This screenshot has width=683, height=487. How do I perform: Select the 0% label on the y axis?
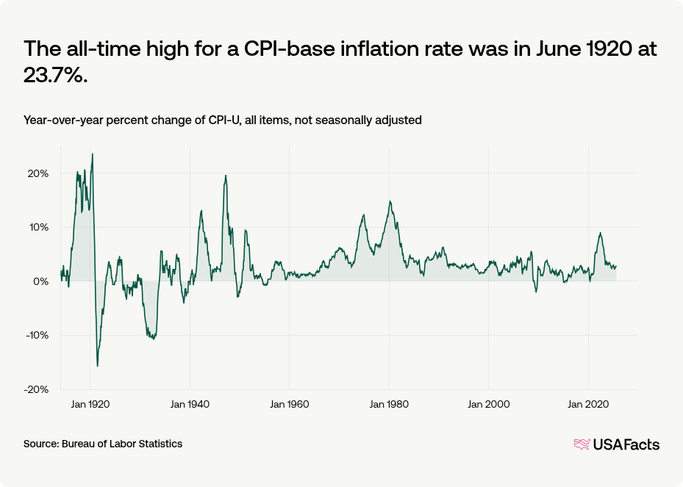tap(41, 281)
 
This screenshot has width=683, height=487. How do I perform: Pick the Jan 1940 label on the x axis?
tap(190, 404)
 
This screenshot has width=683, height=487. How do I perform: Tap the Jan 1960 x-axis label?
tap(290, 404)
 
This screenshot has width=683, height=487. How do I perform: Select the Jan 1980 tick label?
tap(389, 404)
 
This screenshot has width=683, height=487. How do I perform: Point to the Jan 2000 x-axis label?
tap(489, 404)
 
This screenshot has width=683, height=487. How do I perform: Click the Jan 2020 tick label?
tap(588, 404)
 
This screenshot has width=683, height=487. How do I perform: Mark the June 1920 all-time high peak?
tap(92, 154)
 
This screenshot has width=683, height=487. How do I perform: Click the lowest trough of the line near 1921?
tap(97, 366)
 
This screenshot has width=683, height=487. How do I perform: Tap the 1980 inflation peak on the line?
tap(390, 201)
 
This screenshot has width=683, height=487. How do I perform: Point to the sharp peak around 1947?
tap(225, 176)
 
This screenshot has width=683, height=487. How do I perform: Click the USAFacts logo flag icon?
tap(582, 444)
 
